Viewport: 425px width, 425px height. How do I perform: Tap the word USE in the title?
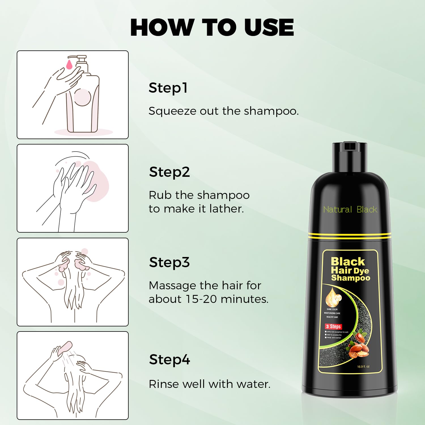click(269, 27)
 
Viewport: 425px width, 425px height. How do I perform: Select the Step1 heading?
click(168, 88)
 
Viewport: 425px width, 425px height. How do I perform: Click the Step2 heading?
click(169, 172)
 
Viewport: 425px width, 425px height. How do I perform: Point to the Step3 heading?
click(169, 262)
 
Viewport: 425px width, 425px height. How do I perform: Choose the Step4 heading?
click(169, 360)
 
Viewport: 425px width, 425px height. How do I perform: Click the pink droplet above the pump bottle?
click(69, 64)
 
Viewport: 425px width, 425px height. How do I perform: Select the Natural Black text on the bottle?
click(350, 210)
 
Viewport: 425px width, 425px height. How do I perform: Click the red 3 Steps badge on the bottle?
click(333, 326)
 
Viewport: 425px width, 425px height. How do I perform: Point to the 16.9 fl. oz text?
click(363, 367)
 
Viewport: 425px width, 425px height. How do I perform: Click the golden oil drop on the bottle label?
click(333, 297)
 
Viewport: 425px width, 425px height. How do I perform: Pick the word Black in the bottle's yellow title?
click(348, 261)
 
